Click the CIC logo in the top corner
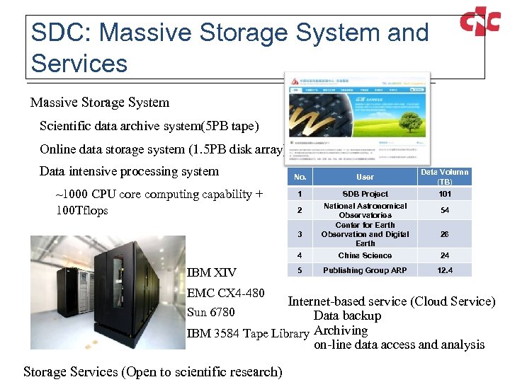(480, 23)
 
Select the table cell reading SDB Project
(365, 194)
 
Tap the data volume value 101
(444, 194)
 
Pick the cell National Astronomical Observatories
(365, 210)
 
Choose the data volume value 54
(444, 210)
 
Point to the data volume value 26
(444, 234)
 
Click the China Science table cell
(365, 255)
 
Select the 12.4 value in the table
(444, 270)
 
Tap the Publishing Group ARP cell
(365, 270)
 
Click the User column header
(365, 177)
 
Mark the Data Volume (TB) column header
(444, 177)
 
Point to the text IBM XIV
(211, 272)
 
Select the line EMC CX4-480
(225, 293)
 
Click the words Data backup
(347, 316)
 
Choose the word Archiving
(341, 330)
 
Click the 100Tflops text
(81, 210)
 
